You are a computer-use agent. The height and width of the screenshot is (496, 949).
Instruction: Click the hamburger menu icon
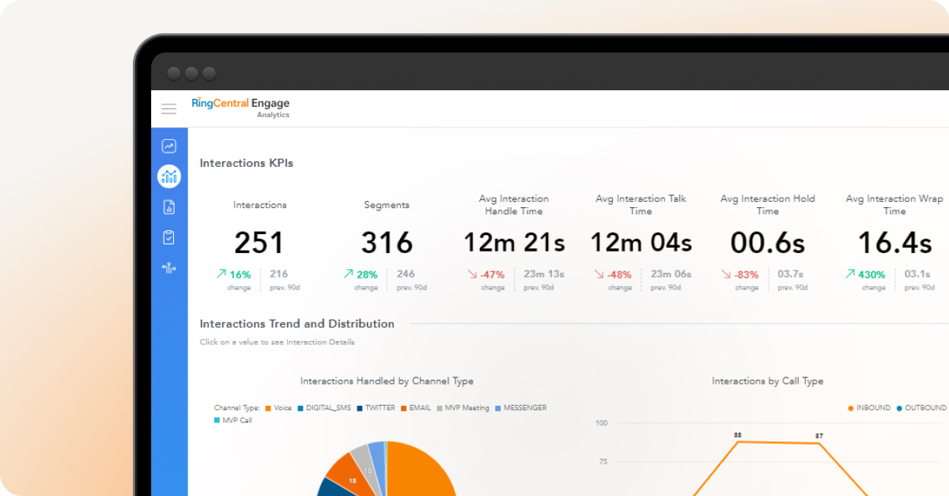[x=168, y=109]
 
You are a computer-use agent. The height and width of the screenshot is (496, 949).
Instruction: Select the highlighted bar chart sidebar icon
[x=168, y=176]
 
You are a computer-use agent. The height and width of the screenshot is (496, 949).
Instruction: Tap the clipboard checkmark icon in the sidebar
[x=168, y=237]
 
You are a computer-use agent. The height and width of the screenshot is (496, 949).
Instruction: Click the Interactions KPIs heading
[x=246, y=163]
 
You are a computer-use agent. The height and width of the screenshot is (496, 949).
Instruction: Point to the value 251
[x=259, y=243]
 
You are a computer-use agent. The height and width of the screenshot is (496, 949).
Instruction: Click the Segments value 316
[x=387, y=243]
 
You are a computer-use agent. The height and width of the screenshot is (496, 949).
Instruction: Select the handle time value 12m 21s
[x=513, y=243]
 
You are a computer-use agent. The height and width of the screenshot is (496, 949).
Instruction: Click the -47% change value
[x=492, y=275]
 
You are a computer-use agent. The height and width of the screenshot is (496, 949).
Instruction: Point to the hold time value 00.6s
[x=767, y=243]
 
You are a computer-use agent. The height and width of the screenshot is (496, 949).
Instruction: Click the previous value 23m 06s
[x=671, y=275]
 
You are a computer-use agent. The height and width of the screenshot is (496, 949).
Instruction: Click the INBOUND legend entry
[x=872, y=408]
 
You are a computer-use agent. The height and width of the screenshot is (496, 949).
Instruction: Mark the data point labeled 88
[x=738, y=441]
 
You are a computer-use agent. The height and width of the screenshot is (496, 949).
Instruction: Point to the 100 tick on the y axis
[x=601, y=423]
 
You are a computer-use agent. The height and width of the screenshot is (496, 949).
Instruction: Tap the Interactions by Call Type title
[x=767, y=381]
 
